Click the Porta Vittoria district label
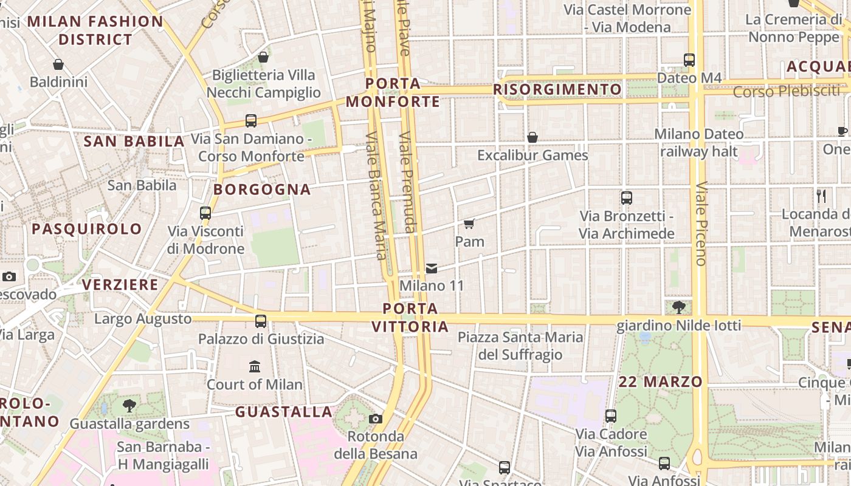[410, 317]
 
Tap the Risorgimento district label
[557, 90]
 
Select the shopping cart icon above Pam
[469, 224]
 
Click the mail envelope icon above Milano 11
[432, 268]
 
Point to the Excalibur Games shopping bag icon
[532, 137]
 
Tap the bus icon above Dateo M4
[689, 60]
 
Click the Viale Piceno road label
[701, 224]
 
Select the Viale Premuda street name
[408, 182]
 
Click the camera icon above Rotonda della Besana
[376, 419]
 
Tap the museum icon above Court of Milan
[255, 366]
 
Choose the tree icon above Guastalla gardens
[129, 405]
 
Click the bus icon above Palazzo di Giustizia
[261, 321]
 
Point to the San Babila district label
[134, 142]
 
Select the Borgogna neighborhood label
[262, 190]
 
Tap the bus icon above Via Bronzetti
[626, 198]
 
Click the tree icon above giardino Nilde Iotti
[678, 307]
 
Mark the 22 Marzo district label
[660, 382]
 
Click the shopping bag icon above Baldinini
[58, 64]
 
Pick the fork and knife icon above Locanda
[821, 196]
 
